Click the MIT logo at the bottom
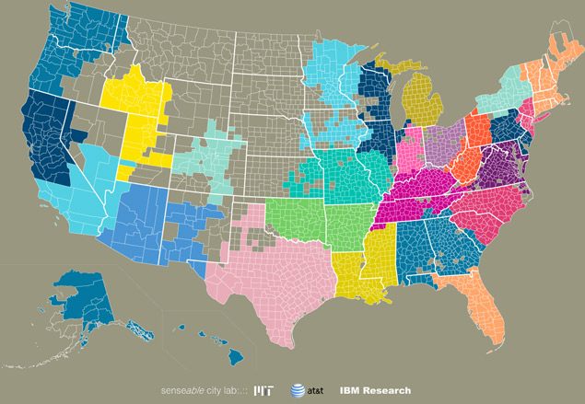click(265, 390)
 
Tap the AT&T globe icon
click(298, 390)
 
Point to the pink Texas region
click(276, 276)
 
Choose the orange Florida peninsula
click(484, 308)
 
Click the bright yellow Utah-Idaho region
click(138, 106)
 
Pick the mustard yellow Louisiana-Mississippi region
click(359, 267)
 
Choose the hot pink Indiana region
click(406, 152)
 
